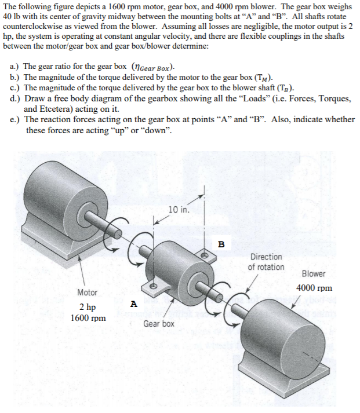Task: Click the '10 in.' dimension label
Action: click(x=178, y=209)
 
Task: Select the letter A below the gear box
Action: click(x=133, y=303)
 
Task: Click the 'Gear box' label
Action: click(x=159, y=323)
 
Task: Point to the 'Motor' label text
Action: click(x=87, y=293)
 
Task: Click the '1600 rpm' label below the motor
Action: click(x=88, y=317)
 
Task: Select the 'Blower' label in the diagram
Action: click(x=314, y=274)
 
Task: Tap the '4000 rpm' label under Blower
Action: click(x=314, y=288)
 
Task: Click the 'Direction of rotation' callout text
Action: click(x=266, y=262)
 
